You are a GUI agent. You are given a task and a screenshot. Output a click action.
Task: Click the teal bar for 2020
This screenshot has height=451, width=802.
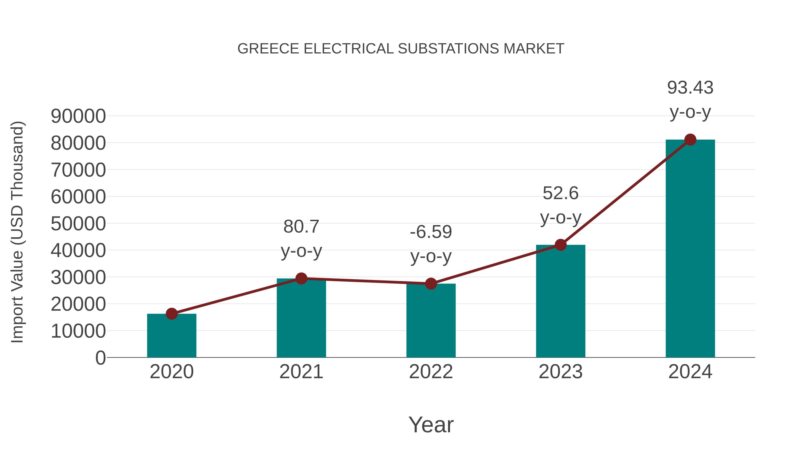[x=172, y=336]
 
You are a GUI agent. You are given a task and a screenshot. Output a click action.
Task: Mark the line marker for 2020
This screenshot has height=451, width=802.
[x=172, y=314]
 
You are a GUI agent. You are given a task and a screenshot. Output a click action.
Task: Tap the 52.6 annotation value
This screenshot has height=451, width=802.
[x=561, y=193]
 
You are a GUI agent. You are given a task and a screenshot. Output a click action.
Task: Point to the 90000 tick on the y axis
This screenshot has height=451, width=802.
[x=78, y=116]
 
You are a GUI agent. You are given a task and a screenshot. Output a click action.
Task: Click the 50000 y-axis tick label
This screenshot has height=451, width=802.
[x=78, y=224]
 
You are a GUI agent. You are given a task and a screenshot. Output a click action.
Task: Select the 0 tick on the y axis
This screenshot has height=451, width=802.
[x=100, y=358]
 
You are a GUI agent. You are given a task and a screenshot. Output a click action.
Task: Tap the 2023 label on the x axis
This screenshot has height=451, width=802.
[x=561, y=372]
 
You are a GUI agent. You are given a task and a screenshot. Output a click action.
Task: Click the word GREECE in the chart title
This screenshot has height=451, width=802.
[x=268, y=49]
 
